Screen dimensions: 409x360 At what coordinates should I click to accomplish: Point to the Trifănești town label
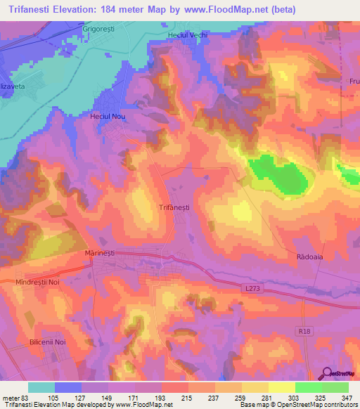click(174, 207)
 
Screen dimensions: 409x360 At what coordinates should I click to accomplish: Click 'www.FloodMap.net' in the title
click(219, 10)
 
